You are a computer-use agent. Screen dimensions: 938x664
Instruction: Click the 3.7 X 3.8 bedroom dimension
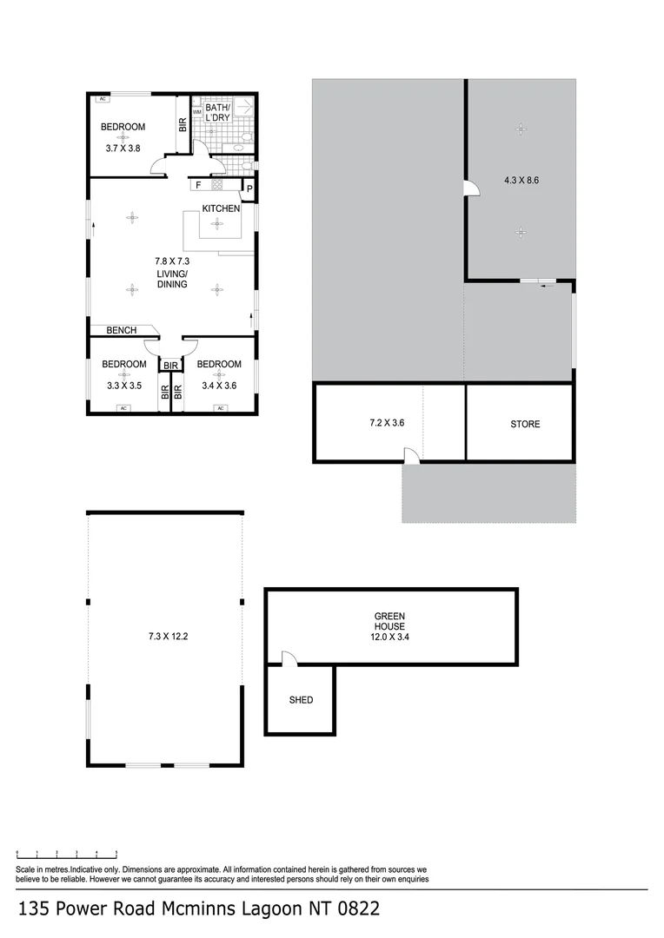(123, 149)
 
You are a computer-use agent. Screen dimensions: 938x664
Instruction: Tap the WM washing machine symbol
(197, 113)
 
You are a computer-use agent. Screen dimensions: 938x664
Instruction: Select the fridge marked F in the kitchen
(199, 185)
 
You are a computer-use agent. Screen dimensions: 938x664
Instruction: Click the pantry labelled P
(249, 188)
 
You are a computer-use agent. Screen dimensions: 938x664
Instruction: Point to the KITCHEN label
(221, 208)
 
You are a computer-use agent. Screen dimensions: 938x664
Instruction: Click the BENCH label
(122, 330)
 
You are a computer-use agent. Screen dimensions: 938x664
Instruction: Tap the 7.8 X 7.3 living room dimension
(172, 261)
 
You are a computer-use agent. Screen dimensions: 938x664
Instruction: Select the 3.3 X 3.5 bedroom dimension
(123, 386)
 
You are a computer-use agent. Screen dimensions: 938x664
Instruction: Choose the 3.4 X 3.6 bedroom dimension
(218, 386)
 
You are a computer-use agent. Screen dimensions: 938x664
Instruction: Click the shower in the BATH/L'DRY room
(243, 108)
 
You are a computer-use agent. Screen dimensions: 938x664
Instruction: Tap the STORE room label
(525, 425)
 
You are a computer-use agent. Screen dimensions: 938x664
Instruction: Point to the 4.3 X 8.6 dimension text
(521, 182)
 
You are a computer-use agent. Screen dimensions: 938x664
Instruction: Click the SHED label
(301, 700)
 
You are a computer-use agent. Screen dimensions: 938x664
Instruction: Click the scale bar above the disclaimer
(67, 854)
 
